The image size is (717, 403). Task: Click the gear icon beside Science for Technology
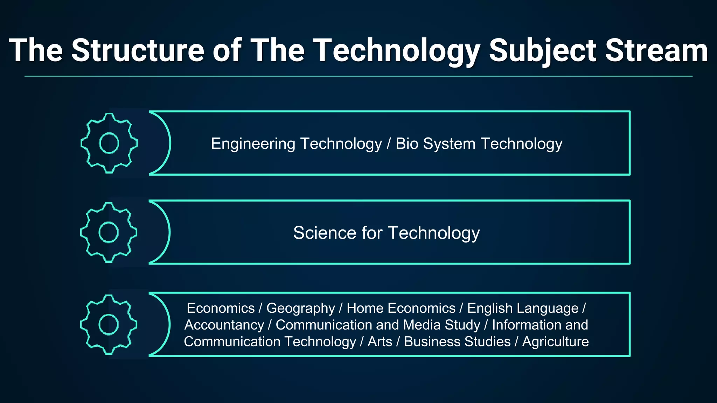(109, 232)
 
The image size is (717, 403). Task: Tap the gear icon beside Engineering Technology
(109, 143)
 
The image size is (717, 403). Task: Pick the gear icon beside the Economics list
(109, 325)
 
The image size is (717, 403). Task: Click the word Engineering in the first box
(253, 144)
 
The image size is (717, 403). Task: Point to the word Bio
(407, 144)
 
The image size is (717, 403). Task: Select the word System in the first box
(449, 144)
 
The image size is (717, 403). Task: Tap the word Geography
(300, 309)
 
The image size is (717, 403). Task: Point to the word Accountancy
(224, 325)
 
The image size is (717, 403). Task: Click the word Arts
(380, 342)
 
